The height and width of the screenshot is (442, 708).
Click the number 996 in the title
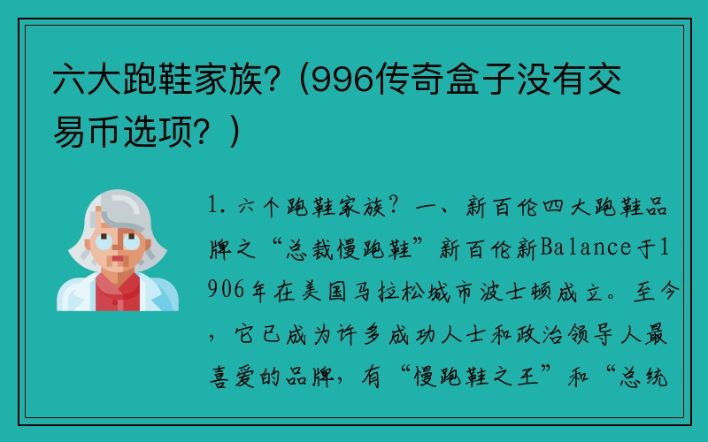pyautogui.click(x=343, y=80)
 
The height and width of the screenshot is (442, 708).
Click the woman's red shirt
pyautogui.click(x=118, y=294)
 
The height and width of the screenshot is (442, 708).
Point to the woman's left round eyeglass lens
pyautogui.click(x=104, y=241)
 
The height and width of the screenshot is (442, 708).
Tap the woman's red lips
pyautogui.click(x=118, y=259)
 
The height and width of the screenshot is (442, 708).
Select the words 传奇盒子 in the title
pyautogui.click(x=446, y=80)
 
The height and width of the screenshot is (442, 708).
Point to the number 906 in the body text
pyautogui.click(x=226, y=290)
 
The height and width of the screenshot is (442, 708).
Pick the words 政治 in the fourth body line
pyautogui.click(x=538, y=334)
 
